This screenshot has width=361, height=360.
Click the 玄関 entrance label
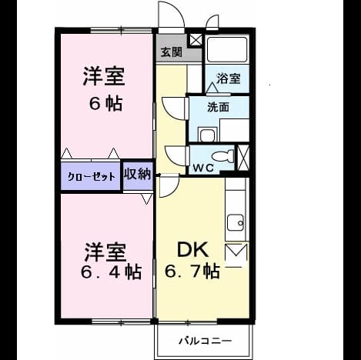(x=172, y=52)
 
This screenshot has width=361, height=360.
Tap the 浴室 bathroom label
(x=229, y=78)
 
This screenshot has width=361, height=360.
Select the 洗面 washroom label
(x=218, y=107)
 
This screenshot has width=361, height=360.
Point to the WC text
(x=203, y=168)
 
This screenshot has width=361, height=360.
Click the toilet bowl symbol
(x=222, y=156)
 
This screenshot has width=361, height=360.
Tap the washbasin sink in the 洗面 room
(x=208, y=135)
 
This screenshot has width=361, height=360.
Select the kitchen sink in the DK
(x=236, y=223)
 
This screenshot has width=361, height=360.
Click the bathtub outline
(x=227, y=49)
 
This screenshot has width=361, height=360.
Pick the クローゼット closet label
(x=91, y=177)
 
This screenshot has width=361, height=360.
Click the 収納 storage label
(x=137, y=175)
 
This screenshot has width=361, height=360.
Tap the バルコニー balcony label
(x=205, y=341)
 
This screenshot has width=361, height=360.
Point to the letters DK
(x=192, y=250)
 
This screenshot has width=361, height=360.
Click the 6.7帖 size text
(x=192, y=272)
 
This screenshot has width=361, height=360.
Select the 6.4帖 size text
(x=111, y=272)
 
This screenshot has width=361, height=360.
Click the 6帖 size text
(x=105, y=104)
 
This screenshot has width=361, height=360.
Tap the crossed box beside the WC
(x=243, y=158)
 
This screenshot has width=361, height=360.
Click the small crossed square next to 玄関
(x=196, y=40)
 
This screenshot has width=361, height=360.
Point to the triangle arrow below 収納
(x=146, y=199)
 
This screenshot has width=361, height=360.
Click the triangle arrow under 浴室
(x=212, y=88)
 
